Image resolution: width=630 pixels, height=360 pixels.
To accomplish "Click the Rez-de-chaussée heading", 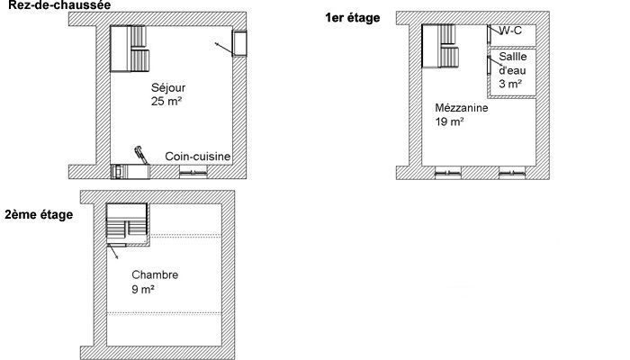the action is click(x=59, y=4).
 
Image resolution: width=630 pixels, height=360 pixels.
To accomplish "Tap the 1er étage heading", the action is click(x=353, y=18).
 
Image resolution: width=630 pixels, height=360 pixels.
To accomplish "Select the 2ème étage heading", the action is click(x=39, y=214).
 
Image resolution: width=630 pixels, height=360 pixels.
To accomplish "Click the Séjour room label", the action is click(x=168, y=87).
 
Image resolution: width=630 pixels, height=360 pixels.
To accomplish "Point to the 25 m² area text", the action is click(x=166, y=101).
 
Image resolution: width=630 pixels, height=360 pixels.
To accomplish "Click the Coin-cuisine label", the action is click(x=198, y=157).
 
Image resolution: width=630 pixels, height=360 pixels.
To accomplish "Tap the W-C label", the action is click(x=510, y=30).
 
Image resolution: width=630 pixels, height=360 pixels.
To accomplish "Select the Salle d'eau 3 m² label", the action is click(x=513, y=70).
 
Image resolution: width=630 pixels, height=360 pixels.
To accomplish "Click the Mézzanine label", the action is click(x=462, y=108).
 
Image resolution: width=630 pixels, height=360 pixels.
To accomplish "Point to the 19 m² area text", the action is click(x=450, y=121).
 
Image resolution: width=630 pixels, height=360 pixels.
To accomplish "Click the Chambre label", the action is click(x=155, y=274).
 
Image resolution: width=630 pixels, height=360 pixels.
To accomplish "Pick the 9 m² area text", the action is click(x=143, y=289).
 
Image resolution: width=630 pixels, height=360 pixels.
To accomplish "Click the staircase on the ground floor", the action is click(x=130, y=49).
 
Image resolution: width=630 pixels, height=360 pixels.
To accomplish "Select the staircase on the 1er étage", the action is click(x=440, y=46).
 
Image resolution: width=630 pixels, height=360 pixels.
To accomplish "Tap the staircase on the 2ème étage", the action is click(x=127, y=224).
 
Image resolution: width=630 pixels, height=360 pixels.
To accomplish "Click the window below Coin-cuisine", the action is click(x=193, y=172).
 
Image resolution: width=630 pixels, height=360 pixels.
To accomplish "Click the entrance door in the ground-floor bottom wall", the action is click(x=130, y=171).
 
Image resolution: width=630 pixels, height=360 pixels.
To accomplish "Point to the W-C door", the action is click(x=489, y=34).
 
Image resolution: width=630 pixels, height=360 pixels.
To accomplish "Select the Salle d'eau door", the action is click(x=489, y=65).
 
